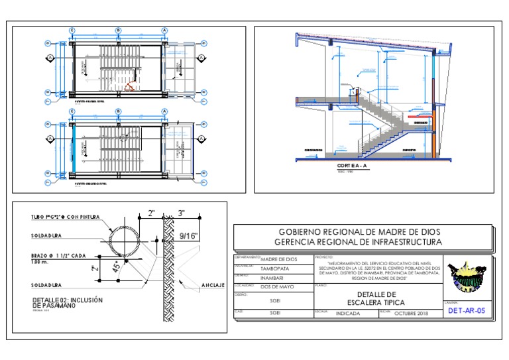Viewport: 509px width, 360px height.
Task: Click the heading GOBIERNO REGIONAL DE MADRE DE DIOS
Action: click(361, 232)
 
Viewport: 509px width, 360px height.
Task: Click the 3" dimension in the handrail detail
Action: click(180, 213)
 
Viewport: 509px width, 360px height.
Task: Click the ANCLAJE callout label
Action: click(213, 285)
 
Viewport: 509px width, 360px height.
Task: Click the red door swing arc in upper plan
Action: click(133, 84)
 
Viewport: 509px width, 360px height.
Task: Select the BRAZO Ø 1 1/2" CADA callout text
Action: click(60, 255)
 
